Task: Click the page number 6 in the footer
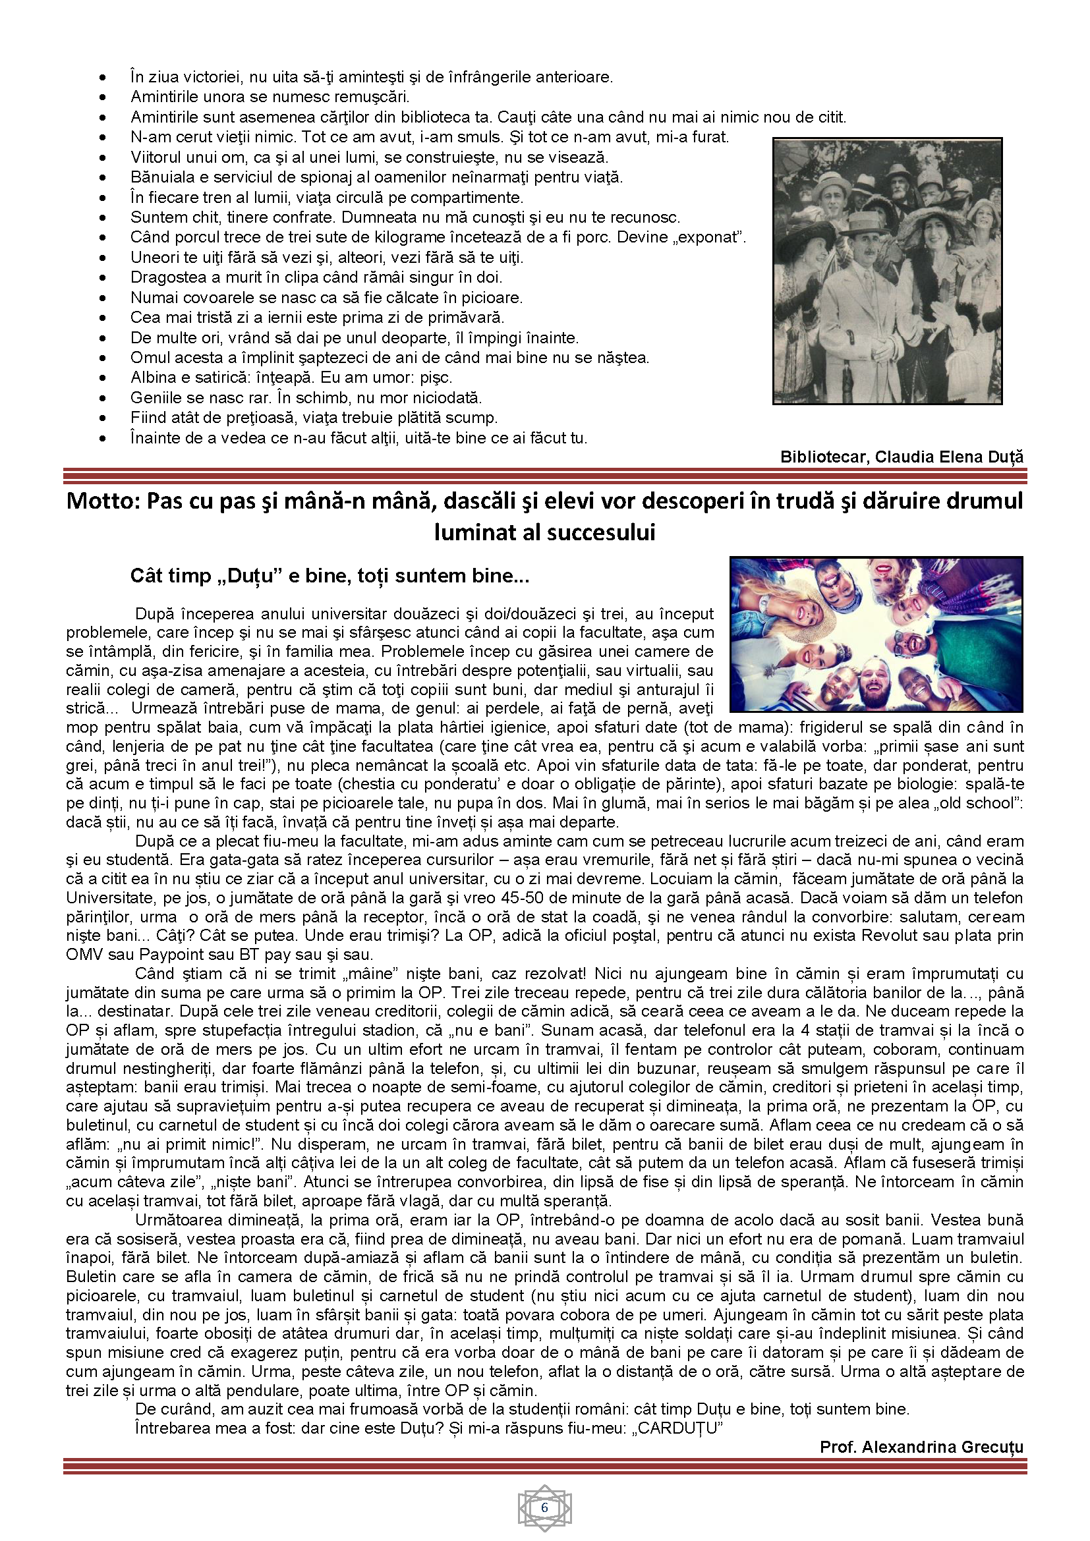544,1507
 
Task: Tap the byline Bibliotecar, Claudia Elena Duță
902,457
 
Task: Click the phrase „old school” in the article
981,803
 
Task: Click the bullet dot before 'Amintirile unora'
102,98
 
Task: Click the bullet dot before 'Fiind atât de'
102,418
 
